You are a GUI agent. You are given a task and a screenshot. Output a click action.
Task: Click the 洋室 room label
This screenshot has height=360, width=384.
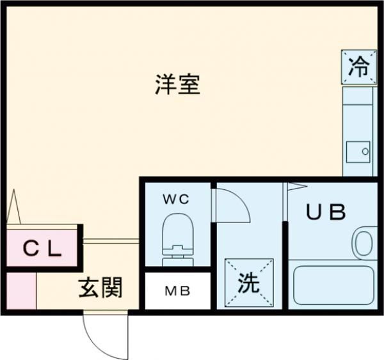click(x=177, y=84)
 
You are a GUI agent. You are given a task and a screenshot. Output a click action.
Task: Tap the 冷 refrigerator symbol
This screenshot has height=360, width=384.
click(x=358, y=66)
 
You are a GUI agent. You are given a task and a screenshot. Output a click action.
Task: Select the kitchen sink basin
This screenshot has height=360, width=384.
click(x=358, y=152)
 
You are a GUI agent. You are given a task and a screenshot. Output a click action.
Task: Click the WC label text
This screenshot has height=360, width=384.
click(x=175, y=199)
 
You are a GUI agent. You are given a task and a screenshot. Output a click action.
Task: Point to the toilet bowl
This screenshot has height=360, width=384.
click(x=176, y=228)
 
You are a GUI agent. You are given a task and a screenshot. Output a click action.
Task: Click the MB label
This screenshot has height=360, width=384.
click(x=177, y=291)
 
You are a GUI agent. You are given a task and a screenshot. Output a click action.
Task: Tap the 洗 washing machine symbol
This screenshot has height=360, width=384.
click(x=249, y=283)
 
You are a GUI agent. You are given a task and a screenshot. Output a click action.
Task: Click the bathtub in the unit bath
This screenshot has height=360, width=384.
click(x=333, y=286)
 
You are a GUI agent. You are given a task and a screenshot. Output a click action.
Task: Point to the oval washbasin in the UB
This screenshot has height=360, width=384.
click(x=364, y=243)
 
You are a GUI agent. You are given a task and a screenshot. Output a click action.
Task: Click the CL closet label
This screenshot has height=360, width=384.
click(x=43, y=248)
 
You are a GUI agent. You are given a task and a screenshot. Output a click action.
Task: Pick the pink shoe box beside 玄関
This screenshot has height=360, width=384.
click(x=20, y=290)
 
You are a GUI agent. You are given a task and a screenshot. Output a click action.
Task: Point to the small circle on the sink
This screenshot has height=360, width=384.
click(x=365, y=152)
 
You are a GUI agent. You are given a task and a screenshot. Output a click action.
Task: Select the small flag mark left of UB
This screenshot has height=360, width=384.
click(x=296, y=187)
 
